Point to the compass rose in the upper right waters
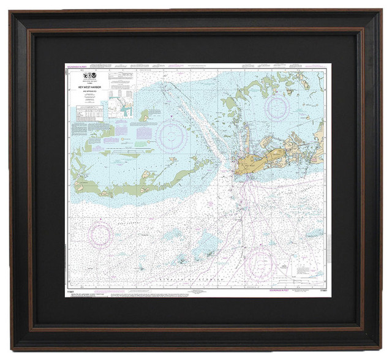277,108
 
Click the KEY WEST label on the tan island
247,165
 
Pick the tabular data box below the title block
89,114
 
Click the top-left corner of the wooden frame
12,12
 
